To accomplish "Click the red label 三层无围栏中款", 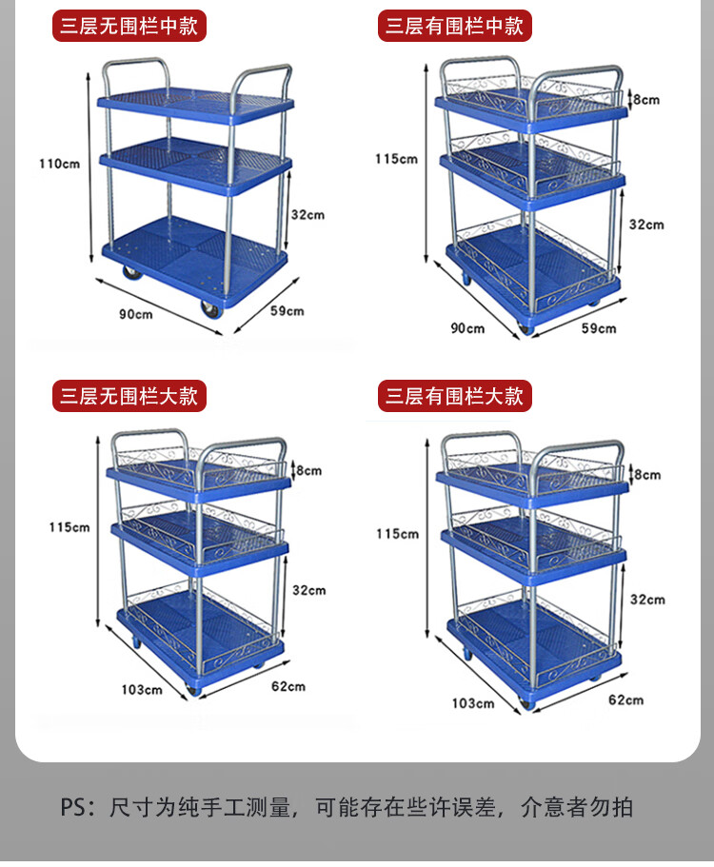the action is [129, 26].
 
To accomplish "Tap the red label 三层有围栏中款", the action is [455, 26].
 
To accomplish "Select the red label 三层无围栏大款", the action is [129, 396].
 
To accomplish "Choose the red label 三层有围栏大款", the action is [455, 396].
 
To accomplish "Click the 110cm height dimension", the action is [59, 164].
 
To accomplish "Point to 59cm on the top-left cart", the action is [288, 311].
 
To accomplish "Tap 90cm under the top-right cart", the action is [467, 328].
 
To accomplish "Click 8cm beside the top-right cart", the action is [646, 100].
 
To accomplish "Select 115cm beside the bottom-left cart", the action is [69, 527].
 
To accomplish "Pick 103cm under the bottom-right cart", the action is [473, 703].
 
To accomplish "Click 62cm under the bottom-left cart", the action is [288, 686].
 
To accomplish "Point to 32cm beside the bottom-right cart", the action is [647, 600].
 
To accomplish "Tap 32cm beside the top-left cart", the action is [308, 214].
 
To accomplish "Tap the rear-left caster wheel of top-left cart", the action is [132, 271].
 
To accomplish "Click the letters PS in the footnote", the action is [73, 807].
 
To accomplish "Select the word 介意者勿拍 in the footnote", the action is [577, 807].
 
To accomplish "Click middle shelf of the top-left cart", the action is [195, 163].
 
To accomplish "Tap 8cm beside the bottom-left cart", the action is [308, 470].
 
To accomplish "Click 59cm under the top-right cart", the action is [599, 328].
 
